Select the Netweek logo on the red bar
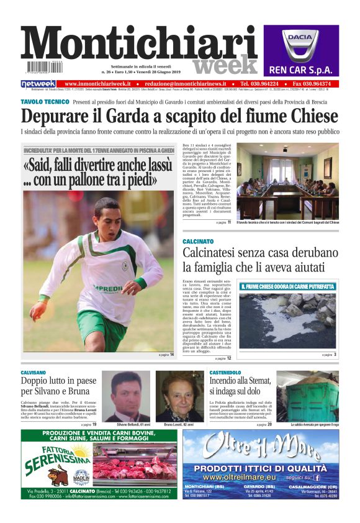pos(38,84)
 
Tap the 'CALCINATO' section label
pos(198,241)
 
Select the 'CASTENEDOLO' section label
pos(225,372)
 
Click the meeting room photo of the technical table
pos(287,181)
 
